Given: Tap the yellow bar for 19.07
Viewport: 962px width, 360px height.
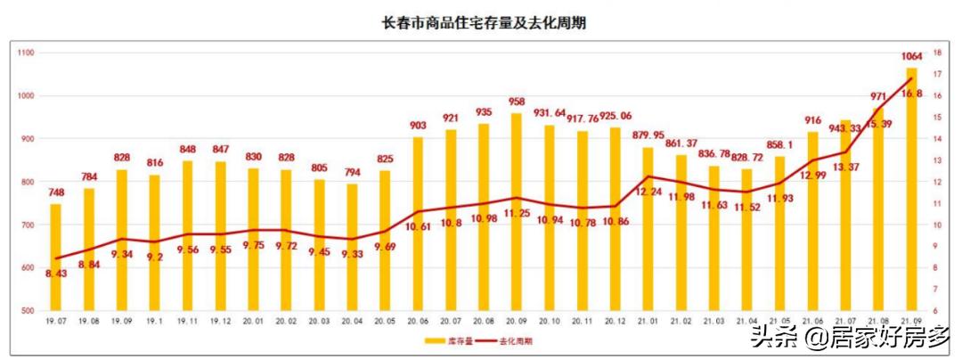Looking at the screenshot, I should point(55,258).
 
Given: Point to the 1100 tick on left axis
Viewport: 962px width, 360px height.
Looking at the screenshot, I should point(25,53).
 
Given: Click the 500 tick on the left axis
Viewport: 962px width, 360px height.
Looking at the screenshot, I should point(27,311).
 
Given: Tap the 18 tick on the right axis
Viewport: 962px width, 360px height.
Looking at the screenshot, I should point(938,53).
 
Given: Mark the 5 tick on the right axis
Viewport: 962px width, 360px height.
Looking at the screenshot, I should point(936,311).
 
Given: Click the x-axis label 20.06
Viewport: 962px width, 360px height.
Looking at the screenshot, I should point(416,321).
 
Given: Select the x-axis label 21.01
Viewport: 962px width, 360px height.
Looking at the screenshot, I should point(648,321).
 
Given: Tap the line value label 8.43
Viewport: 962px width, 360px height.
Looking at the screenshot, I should point(55,274).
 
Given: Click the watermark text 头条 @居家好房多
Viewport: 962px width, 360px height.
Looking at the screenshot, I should point(850,337).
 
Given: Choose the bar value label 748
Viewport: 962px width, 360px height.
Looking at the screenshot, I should point(55,192).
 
